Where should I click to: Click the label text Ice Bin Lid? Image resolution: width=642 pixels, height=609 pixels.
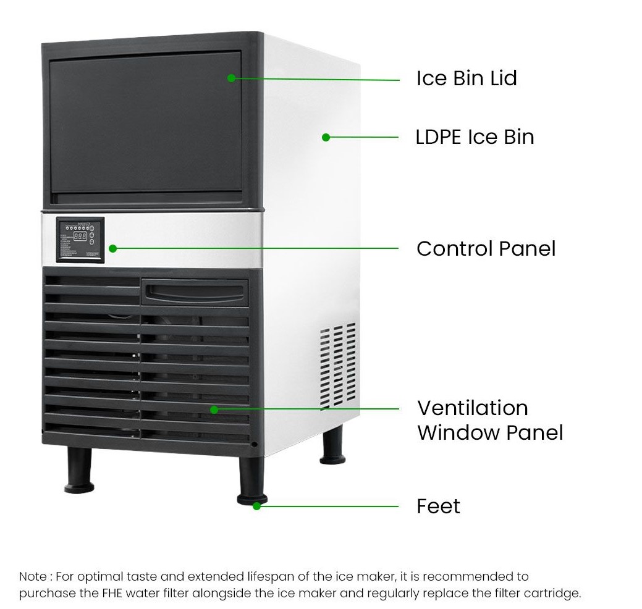(x=466, y=78)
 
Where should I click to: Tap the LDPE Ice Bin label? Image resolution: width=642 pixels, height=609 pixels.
(x=474, y=136)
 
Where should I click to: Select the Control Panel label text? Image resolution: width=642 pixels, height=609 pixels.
(x=486, y=248)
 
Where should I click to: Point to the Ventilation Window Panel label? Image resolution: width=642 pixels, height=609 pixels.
(x=489, y=420)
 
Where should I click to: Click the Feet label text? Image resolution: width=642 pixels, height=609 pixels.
(x=438, y=506)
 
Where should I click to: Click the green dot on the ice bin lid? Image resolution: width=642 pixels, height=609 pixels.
(x=231, y=78)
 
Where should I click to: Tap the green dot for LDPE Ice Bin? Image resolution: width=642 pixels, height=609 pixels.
(x=326, y=137)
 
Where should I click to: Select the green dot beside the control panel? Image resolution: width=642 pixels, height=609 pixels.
(x=112, y=248)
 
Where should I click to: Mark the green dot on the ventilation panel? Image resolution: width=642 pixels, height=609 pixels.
(x=214, y=409)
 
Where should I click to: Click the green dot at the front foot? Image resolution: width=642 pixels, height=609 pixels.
(x=256, y=506)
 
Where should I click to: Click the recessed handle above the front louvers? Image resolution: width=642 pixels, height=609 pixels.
(x=195, y=291)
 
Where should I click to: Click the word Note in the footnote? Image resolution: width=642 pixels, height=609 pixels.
(x=32, y=577)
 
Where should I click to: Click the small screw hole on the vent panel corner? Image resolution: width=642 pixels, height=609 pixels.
(x=253, y=443)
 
